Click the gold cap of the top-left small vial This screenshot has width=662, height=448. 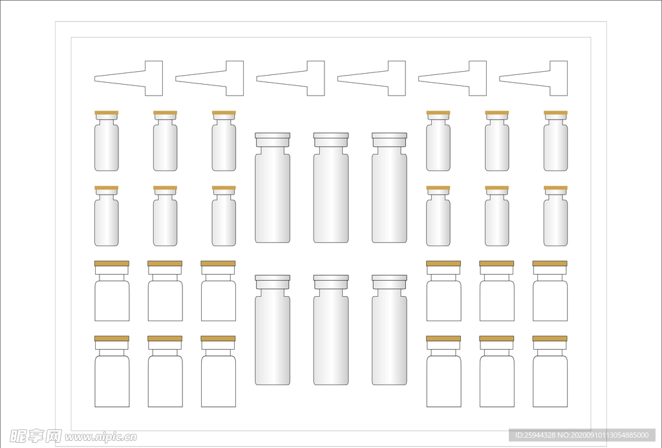point(107,113)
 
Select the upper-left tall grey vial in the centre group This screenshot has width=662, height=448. point(272,191)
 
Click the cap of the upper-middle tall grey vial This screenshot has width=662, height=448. point(331,139)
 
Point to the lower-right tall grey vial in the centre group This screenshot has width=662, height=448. point(389,333)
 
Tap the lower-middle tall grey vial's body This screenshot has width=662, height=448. point(331,339)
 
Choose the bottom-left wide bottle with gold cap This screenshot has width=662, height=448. point(112,375)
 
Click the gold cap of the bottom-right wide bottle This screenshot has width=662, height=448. point(550,339)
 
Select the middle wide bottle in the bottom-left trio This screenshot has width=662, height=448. point(165,375)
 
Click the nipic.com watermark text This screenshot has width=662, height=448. point(100,437)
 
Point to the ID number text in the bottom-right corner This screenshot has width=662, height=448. point(582,435)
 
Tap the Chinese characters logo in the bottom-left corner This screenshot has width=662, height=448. point(32,436)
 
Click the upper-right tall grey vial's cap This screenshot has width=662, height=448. point(389,139)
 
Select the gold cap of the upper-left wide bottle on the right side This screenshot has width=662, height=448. point(443,264)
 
